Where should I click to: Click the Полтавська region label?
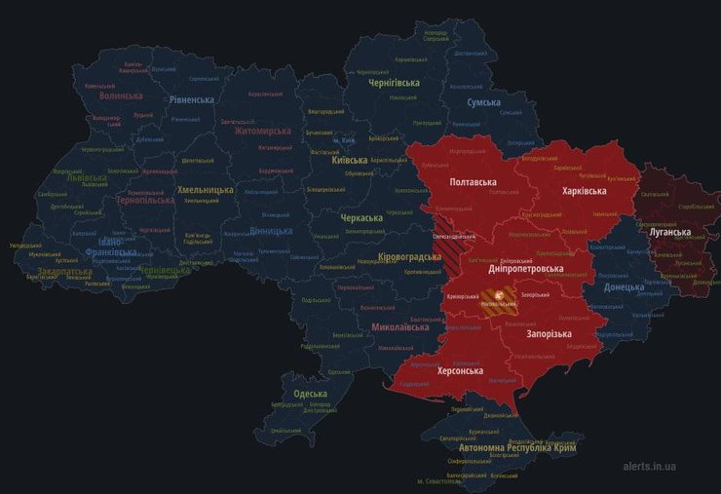click(x=473, y=183)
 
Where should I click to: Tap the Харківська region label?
click(x=585, y=191)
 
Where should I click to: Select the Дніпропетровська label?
click(x=525, y=269)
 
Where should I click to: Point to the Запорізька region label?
click(x=549, y=334)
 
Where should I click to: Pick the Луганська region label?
click(x=669, y=232)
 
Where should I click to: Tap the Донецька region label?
click(x=624, y=286)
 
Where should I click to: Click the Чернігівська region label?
click(x=394, y=83)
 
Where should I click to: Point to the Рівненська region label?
click(x=191, y=99)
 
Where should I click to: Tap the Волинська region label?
click(x=121, y=96)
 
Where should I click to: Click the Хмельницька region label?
click(x=205, y=190)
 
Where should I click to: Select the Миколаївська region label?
click(x=399, y=327)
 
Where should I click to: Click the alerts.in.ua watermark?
click(x=663, y=467)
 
